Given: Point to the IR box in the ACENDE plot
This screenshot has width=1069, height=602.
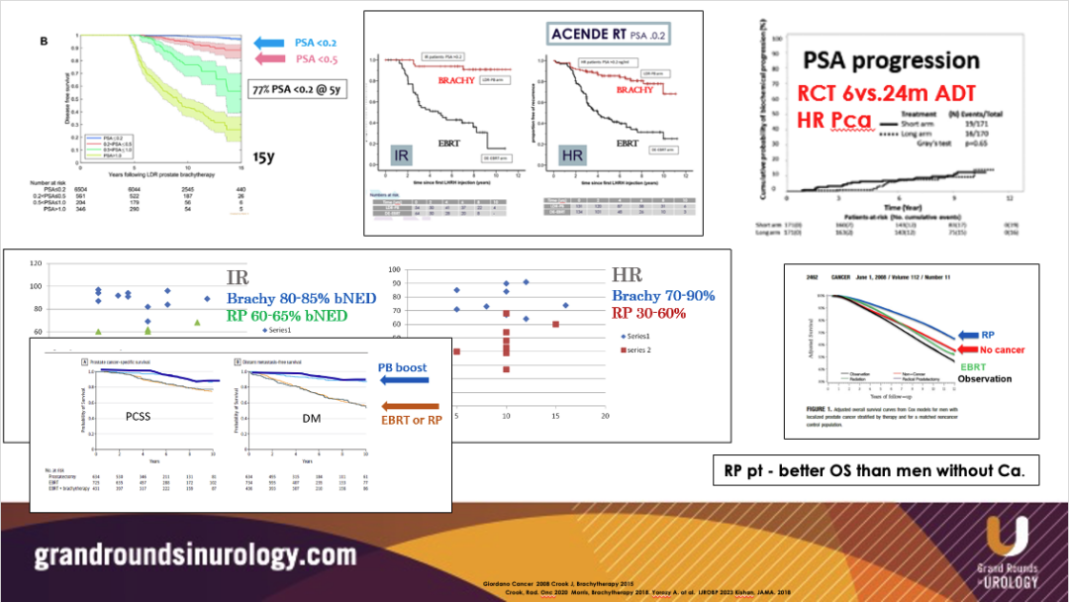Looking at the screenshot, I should (x=398, y=157).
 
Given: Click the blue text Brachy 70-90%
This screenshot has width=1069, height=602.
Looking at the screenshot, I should (x=662, y=296).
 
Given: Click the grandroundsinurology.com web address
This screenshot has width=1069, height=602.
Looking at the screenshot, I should (x=195, y=553).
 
